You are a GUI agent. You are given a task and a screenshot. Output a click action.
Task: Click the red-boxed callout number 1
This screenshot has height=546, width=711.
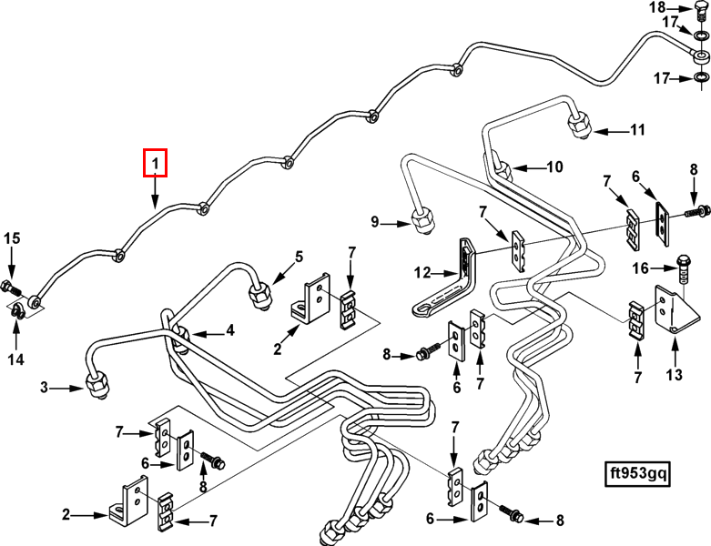(x=156, y=164)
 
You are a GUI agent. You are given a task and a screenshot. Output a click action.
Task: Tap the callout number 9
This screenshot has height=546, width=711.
(x=374, y=221)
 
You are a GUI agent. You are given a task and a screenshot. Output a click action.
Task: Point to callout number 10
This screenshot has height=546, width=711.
(x=554, y=167)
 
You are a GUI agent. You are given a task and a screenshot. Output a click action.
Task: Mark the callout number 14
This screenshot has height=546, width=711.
(x=15, y=360)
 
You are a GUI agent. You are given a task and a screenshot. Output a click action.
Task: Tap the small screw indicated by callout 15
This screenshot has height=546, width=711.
(x=11, y=288)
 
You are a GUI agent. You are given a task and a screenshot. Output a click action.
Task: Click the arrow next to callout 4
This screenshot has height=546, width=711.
(x=199, y=331)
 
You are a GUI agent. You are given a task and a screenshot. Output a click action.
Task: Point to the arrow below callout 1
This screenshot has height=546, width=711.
(x=156, y=194)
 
